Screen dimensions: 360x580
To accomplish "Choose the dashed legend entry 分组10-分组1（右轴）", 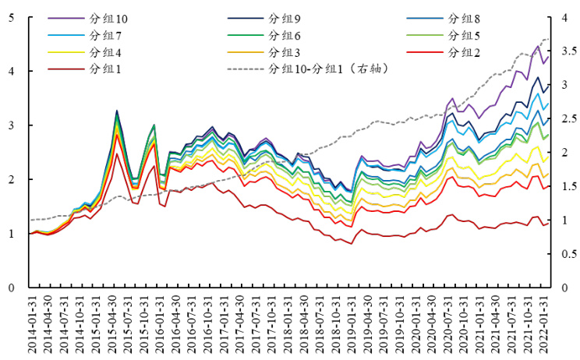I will [x=327, y=69].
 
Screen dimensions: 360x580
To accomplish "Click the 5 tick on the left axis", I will [x=10, y=17].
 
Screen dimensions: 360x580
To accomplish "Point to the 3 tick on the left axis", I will [x=10, y=125].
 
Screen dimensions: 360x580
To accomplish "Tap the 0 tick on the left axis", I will [x=10, y=288].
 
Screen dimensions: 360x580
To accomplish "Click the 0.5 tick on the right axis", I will [x=570, y=254].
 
